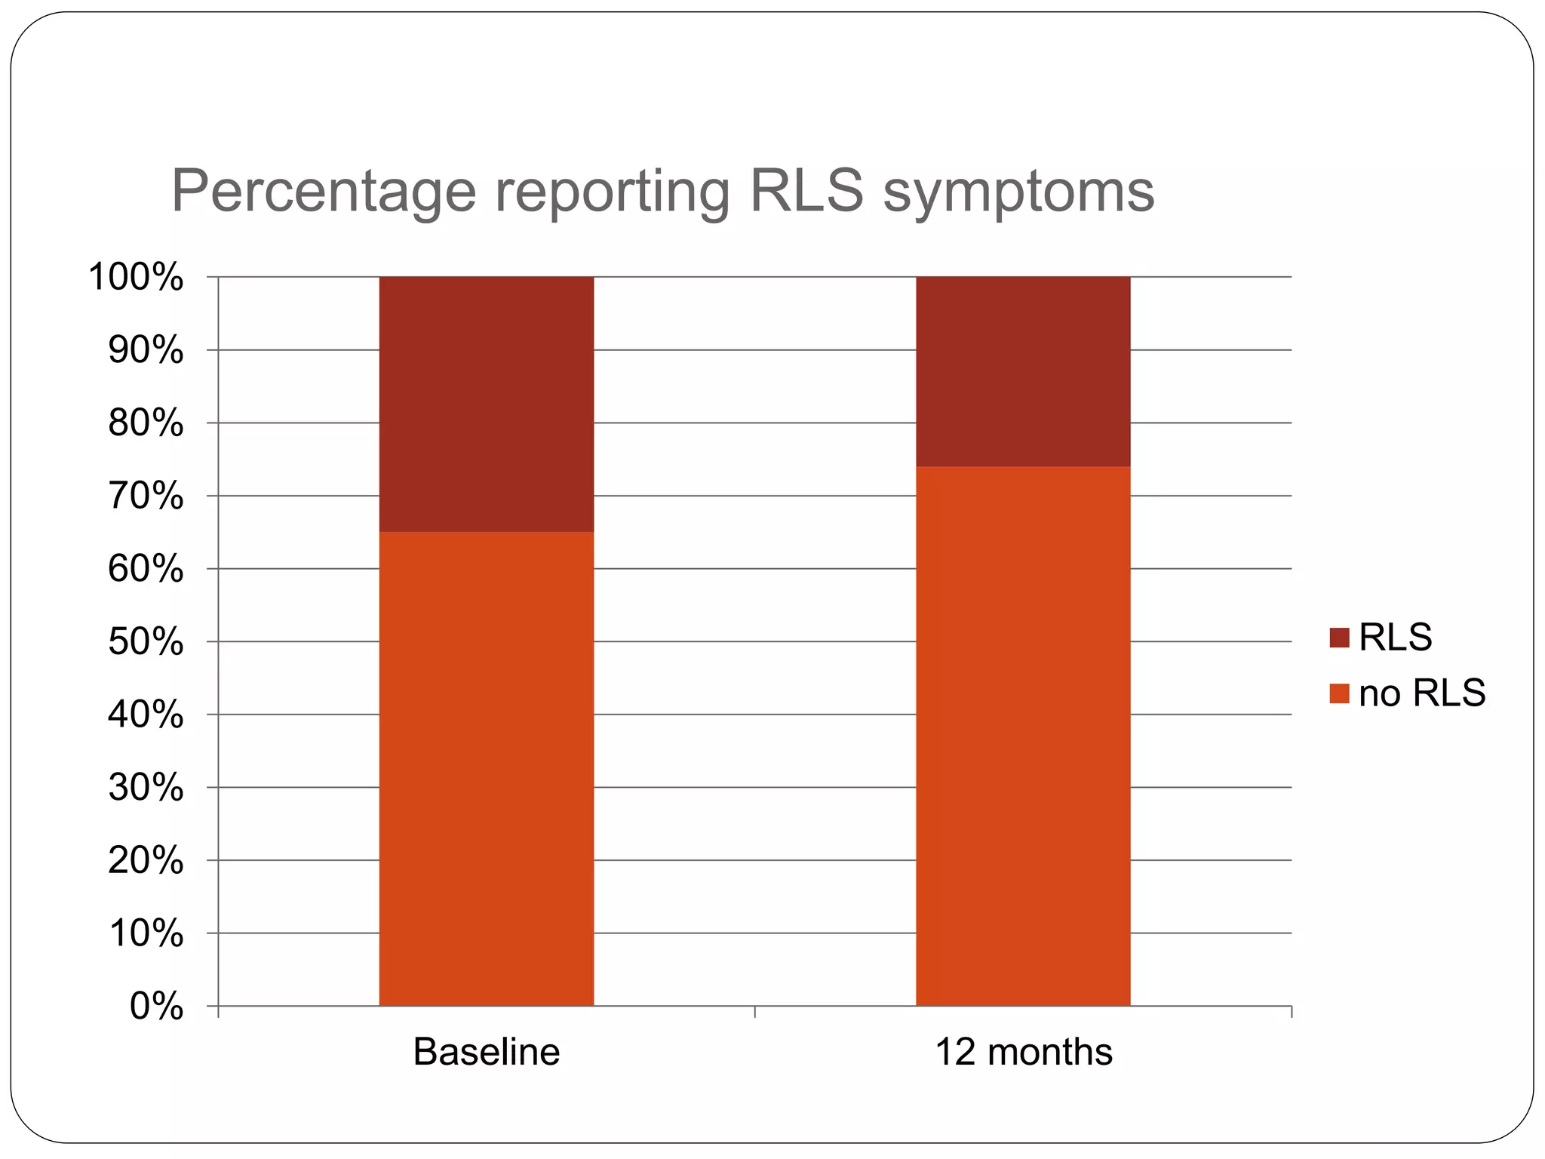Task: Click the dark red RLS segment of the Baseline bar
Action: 486,404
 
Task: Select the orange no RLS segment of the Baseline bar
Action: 486,768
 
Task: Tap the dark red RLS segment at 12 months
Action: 1023,371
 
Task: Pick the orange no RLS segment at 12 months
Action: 1023,736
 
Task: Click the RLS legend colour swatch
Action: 1339,638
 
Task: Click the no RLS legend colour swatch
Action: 1339,693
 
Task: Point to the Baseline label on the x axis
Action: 487,1052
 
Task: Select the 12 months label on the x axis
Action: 1023,1052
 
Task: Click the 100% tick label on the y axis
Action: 136,277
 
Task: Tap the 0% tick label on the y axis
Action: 156,1007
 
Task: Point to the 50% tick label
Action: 146,642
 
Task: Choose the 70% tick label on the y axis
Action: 146,496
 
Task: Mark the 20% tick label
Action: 146,860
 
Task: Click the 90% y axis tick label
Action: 146,350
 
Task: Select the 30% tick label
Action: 146,788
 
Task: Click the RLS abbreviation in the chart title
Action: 806,190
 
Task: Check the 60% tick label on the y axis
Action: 146,569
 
